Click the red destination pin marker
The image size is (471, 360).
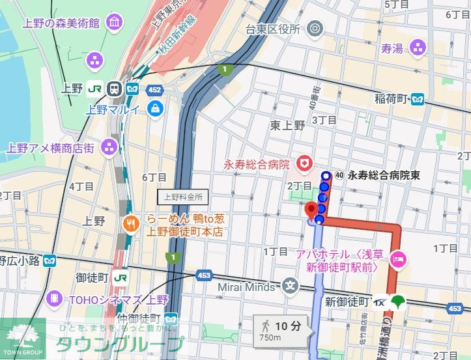(311, 210)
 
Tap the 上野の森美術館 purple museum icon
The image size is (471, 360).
(115, 23)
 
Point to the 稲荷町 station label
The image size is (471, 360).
(391, 99)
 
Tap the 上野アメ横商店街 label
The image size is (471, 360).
(50, 147)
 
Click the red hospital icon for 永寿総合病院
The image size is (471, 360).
(303, 161)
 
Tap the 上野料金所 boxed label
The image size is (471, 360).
(183, 196)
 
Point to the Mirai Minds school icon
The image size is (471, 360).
(290, 284)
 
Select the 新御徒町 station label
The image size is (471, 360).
(347, 301)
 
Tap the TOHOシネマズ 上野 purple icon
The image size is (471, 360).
(57, 300)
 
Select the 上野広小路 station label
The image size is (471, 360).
(20, 260)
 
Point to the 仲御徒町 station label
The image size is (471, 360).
(138, 318)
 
